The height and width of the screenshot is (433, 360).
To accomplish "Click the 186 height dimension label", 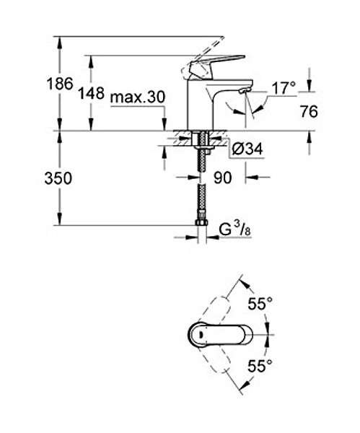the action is coord(60,84).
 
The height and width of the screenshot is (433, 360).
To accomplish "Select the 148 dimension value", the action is coord(92,93).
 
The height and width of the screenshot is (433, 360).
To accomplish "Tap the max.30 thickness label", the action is coord(138,97).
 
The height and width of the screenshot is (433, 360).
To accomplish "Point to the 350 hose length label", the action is coord(58,178).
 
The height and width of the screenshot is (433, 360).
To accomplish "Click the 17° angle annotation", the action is coord(284,88).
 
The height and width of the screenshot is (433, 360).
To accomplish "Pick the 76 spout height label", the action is coord(309,112).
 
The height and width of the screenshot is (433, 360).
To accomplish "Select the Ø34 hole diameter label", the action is coord(247,149).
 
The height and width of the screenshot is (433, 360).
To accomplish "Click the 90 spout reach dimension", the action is coord(222,178).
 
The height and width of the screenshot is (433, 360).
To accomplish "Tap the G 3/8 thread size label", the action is coord(235,230).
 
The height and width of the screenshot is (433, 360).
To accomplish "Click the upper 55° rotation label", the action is coord(260,304).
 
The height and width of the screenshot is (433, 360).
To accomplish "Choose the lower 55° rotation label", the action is coord(260,366).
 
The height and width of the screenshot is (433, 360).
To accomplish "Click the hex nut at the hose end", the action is coord(202,222).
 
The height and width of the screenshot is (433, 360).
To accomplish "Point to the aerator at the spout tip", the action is coord(245,90).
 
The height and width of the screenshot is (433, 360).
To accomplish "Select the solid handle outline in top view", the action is coord(220,335).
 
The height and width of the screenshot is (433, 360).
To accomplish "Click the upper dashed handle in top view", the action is coord(214,310).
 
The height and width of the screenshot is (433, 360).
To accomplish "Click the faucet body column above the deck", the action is coord(201,105).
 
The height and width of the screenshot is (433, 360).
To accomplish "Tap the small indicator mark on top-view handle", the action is coord(201,335).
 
